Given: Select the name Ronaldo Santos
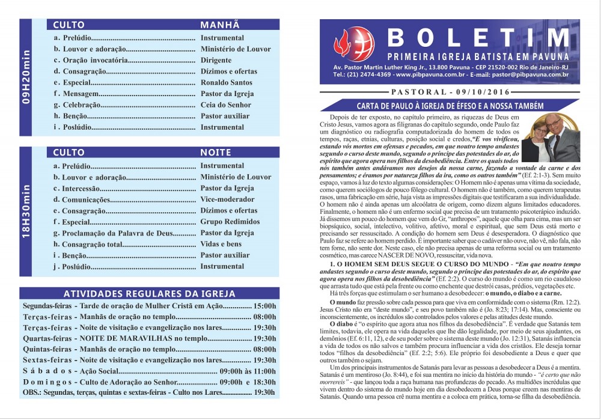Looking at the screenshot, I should click(227, 82).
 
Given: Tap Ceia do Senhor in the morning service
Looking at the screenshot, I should click(226, 105).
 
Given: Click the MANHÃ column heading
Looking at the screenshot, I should click(220, 25).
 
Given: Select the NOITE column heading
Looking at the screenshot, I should click(215, 153).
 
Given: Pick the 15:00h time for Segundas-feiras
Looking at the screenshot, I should click(265, 306).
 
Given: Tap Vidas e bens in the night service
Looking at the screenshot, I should click(221, 244).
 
